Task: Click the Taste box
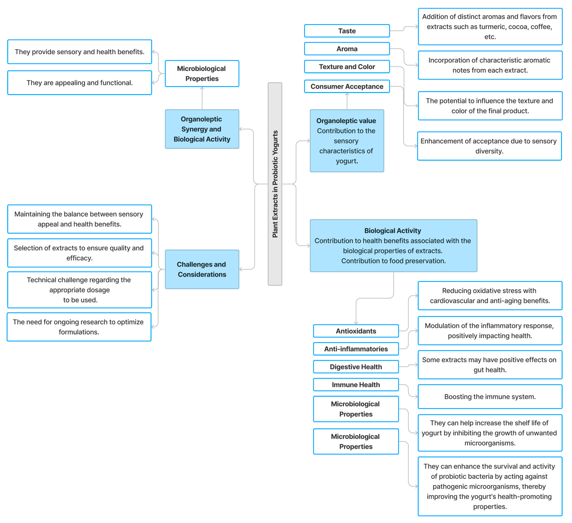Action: pyautogui.click(x=347, y=31)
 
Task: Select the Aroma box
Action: pyautogui.click(x=347, y=49)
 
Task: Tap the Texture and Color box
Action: pyautogui.click(x=347, y=67)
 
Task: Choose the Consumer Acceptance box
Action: pyautogui.click(x=347, y=87)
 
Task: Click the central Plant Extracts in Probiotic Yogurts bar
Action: pyautogui.click(x=275, y=184)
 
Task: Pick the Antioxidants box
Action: pyautogui.click(x=356, y=331)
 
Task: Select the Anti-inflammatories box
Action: pyautogui.click(x=356, y=349)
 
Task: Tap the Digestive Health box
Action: pyautogui.click(x=356, y=367)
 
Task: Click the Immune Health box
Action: pyautogui.click(x=356, y=385)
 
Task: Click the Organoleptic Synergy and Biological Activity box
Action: pyautogui.click(x=202, y=129)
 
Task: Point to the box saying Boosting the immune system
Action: pyautogui.click(x=490, y=396)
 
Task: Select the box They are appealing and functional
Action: pyautogui.click(x=80, y=83)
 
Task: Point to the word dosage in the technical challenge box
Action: pyautogui.click(x=99, y=290)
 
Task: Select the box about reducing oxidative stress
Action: pyautogui.click(x=490, y=296)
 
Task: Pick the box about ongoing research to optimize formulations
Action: pyautogui.click(x=79, y=327)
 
